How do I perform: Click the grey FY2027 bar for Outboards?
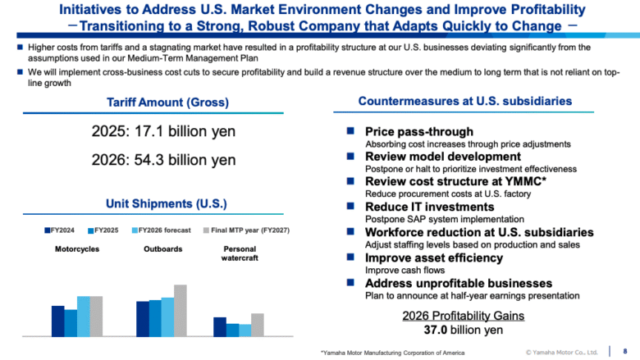(181, 310)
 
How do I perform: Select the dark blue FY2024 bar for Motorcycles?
(57, 321)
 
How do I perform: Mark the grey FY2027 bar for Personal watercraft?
(258, 325)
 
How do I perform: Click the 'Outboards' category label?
(161, 249)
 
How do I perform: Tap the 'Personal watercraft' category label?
(239, 253)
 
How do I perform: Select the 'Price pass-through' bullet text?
(418, 131)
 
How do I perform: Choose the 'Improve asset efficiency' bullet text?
(433, 257)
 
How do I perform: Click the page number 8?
(625, 351)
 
